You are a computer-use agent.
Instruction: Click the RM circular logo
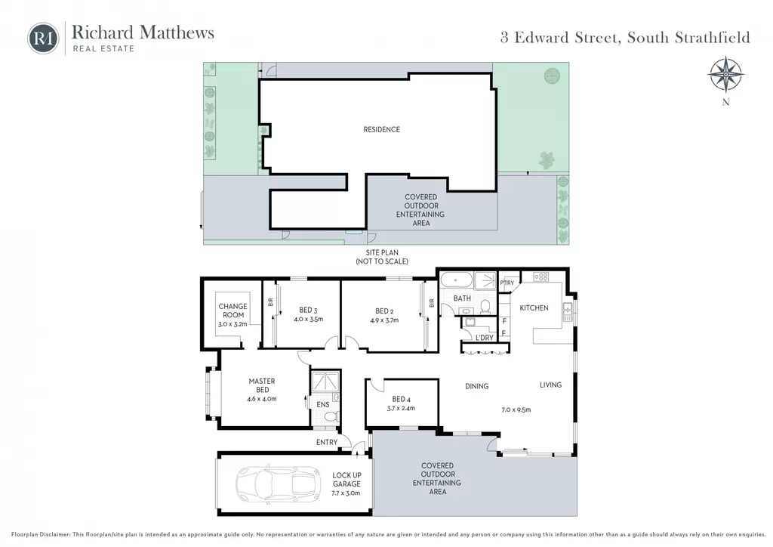[x=43, y=39]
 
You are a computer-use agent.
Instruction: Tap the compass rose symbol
[x=725, y=75]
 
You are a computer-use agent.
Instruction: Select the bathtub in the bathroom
[x=457, y=280]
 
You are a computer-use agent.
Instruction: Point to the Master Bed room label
[x=262, y=385]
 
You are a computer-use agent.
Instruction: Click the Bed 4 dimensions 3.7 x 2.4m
[x=401, y=409]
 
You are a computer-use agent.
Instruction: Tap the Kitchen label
[x=534, y=307]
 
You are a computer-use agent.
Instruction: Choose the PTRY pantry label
[x=507, y=283]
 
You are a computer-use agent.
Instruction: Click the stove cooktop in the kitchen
[x=540, y=277]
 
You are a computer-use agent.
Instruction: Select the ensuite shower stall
[x=325, y=382]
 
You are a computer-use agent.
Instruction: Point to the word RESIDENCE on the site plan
[x=381, y=130]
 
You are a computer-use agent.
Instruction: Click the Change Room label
[x=233, y=311]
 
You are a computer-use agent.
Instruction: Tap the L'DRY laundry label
[x=484, y=338]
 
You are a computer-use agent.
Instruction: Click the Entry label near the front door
[x=327, y=443]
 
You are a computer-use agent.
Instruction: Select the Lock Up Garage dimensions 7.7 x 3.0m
[x=346, y=493]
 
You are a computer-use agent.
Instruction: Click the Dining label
[x=477, y=386]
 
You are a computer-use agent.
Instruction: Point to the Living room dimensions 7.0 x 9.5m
[x=516, y=409]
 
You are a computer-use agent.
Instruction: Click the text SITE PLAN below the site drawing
[x=382, y=252]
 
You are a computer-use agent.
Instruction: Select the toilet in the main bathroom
[x=485, y=307]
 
